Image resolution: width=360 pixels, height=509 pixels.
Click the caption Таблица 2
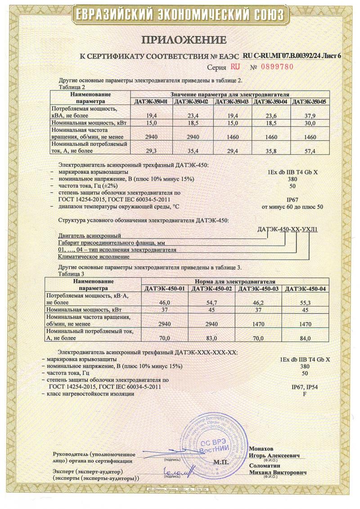click(x=72, y=87)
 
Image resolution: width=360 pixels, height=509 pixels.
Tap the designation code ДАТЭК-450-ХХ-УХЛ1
click(x=288, y=229)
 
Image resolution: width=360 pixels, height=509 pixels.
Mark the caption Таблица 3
click(x=72, y=273)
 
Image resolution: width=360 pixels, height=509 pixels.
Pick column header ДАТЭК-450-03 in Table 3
click(x=258, y=288)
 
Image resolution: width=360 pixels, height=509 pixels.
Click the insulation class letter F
click(x=305, y=394)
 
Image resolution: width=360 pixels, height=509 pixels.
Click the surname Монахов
click(x=261, y=449)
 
